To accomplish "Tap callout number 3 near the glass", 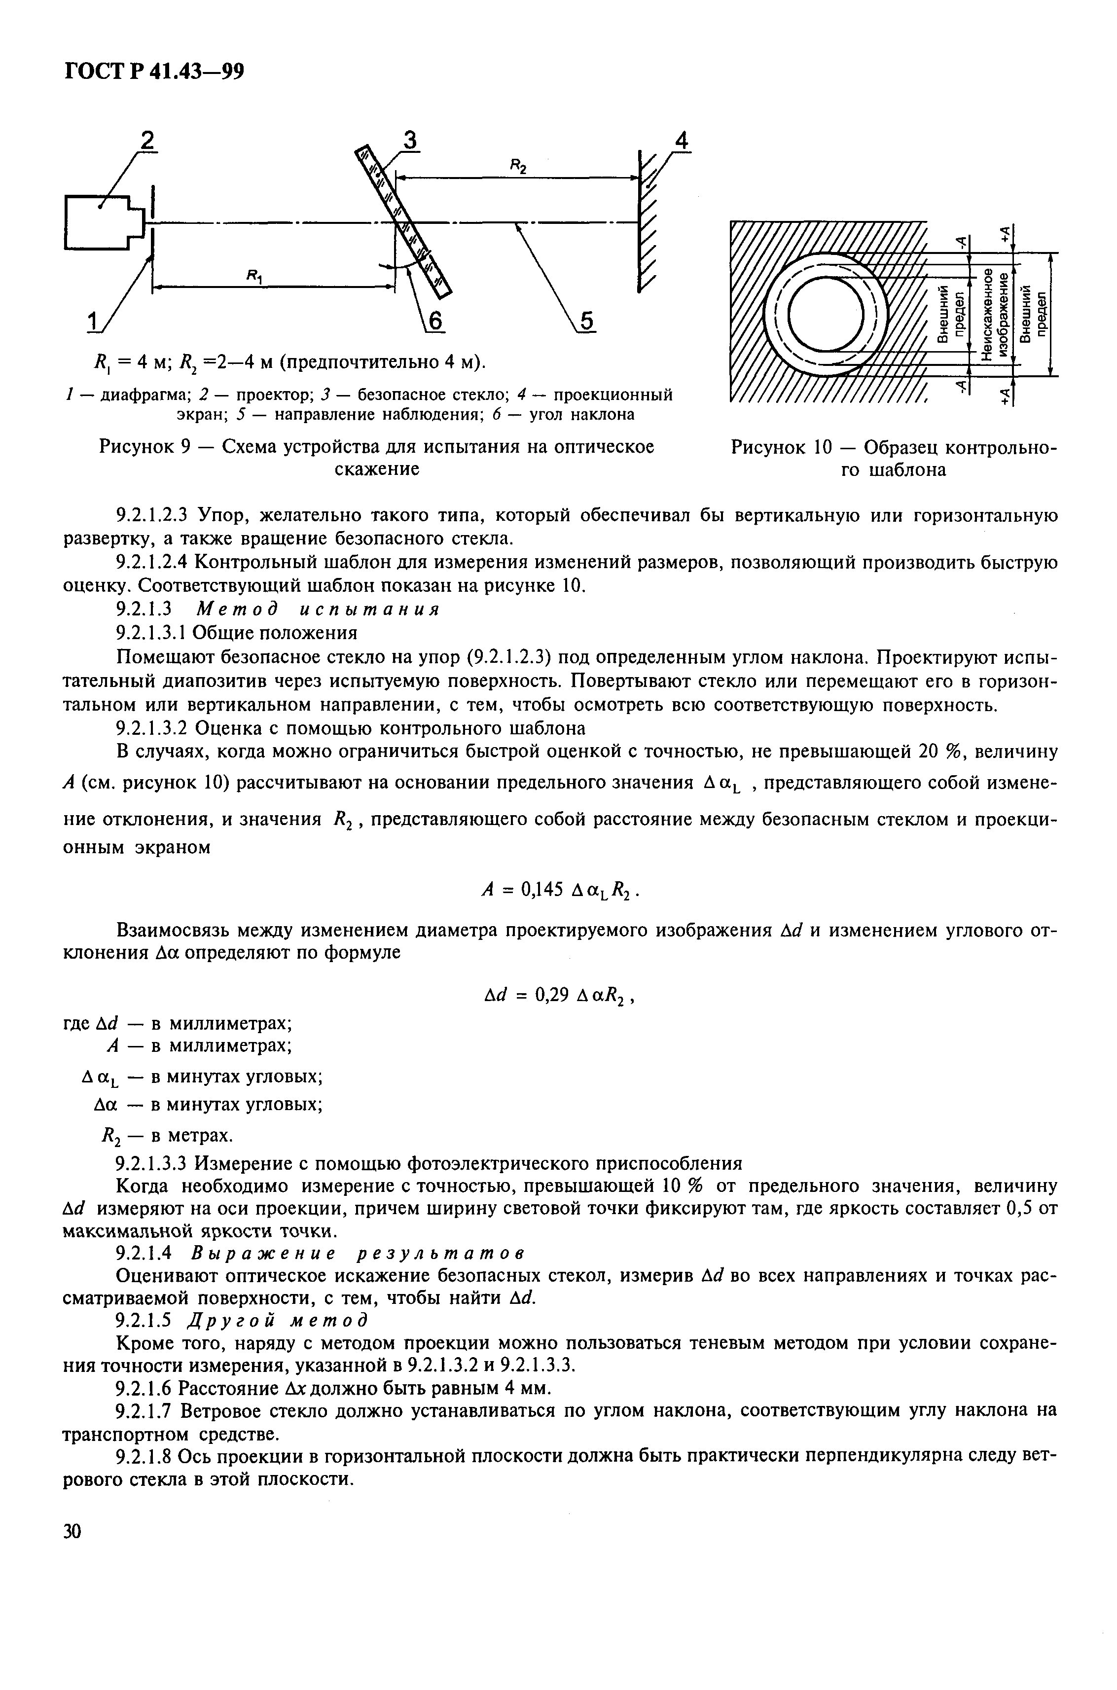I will (x=410, y=141).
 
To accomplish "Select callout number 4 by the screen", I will (x=682, y=141).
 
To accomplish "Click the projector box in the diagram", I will (x=98, y=222).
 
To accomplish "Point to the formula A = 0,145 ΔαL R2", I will (x=564, y=889).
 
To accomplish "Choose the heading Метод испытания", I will (x=318, y=610).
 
